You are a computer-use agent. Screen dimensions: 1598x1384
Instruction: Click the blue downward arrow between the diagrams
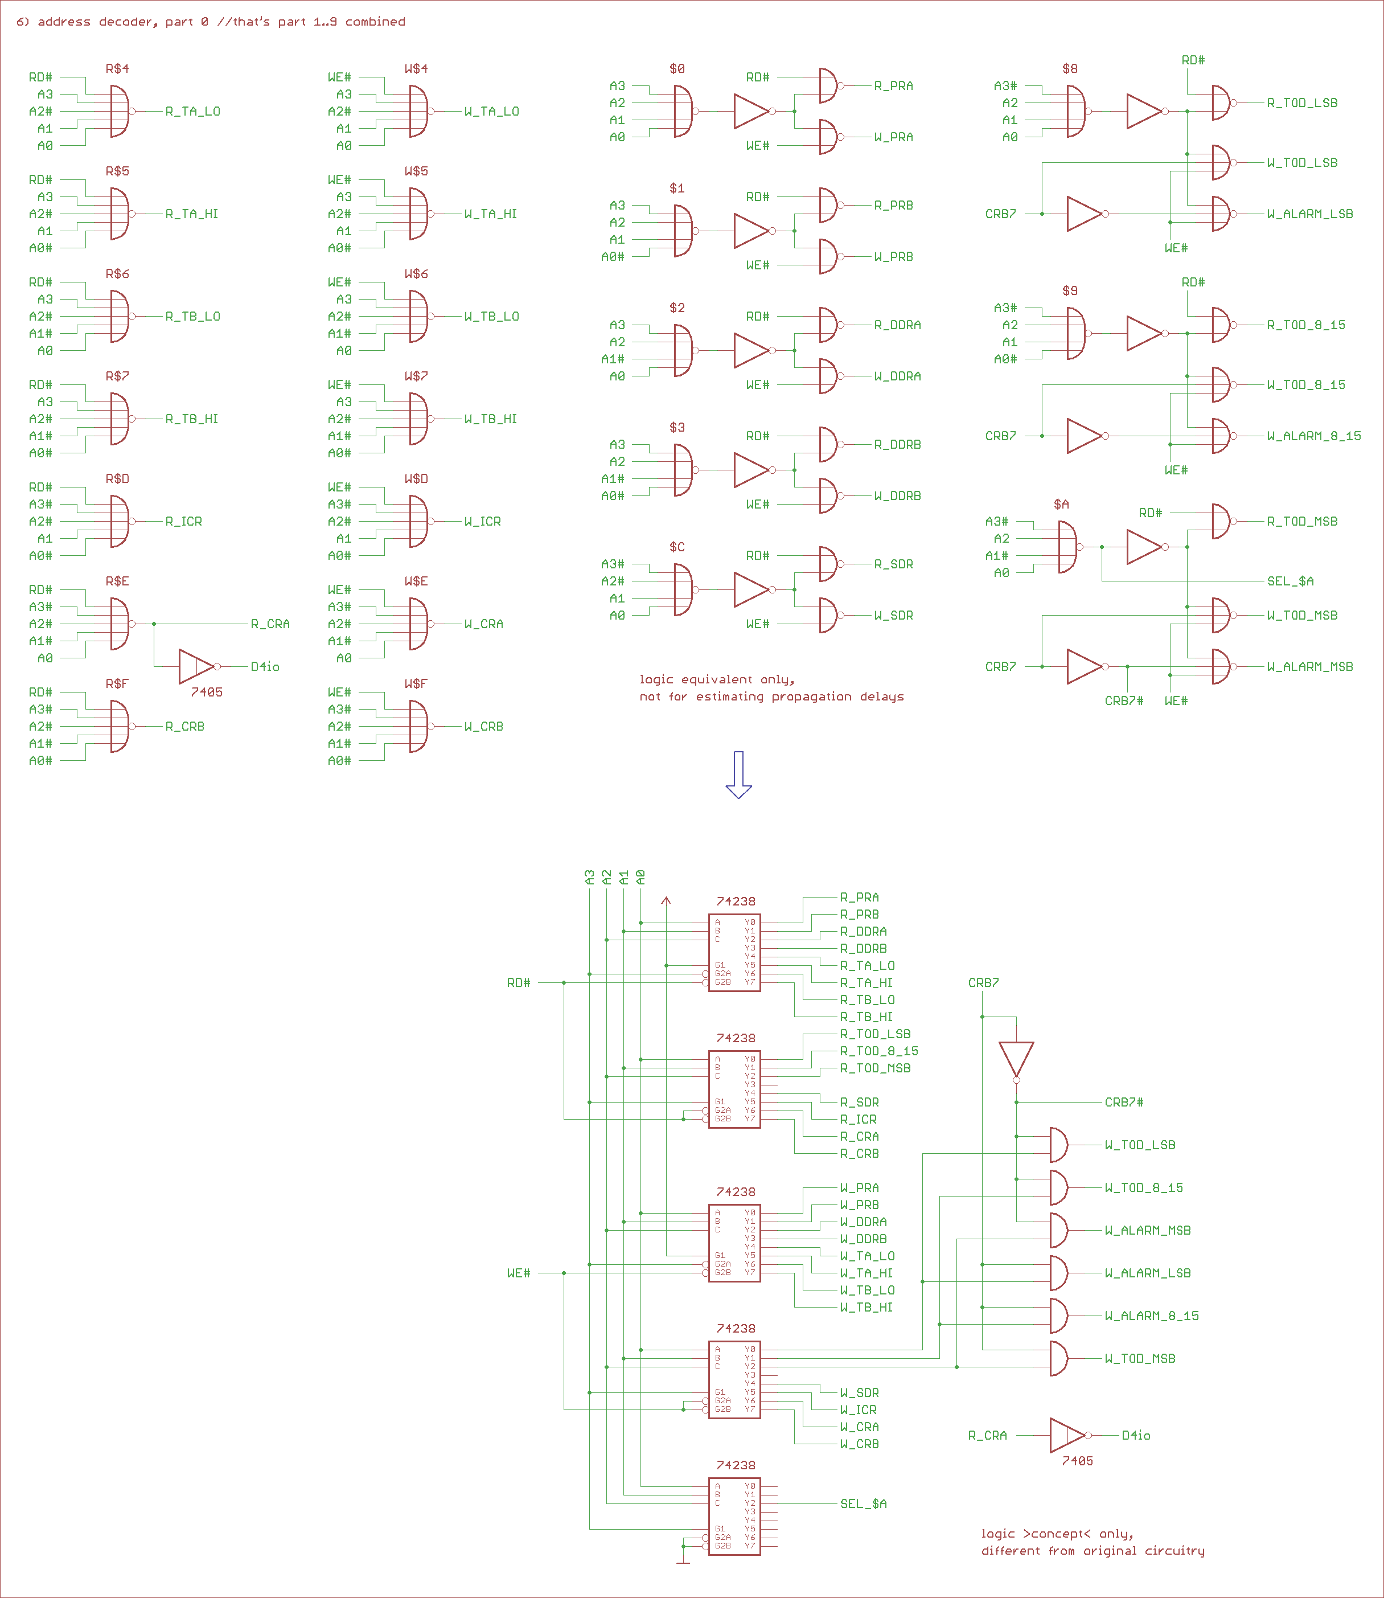(738, 775)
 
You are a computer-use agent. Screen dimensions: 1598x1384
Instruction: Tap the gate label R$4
(117, 69)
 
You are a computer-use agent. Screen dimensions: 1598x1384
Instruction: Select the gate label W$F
(416, 683)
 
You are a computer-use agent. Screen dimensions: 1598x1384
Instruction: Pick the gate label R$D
(117, 479)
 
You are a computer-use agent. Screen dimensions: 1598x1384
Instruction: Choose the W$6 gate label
(416, 273)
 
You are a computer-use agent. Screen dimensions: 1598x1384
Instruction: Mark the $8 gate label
(1070, 69)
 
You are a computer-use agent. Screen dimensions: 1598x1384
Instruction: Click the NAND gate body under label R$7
(120, 419)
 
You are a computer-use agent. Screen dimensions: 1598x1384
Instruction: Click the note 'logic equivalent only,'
(717, 679)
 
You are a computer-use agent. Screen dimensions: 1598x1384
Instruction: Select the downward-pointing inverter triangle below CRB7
(1016, 1059)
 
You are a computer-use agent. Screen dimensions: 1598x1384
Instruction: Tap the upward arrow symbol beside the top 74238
(667, 900)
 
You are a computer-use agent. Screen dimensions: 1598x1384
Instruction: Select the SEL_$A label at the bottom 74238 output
(864, 1504)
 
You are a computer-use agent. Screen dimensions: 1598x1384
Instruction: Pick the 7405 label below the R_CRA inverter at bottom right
(1077, 1461)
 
